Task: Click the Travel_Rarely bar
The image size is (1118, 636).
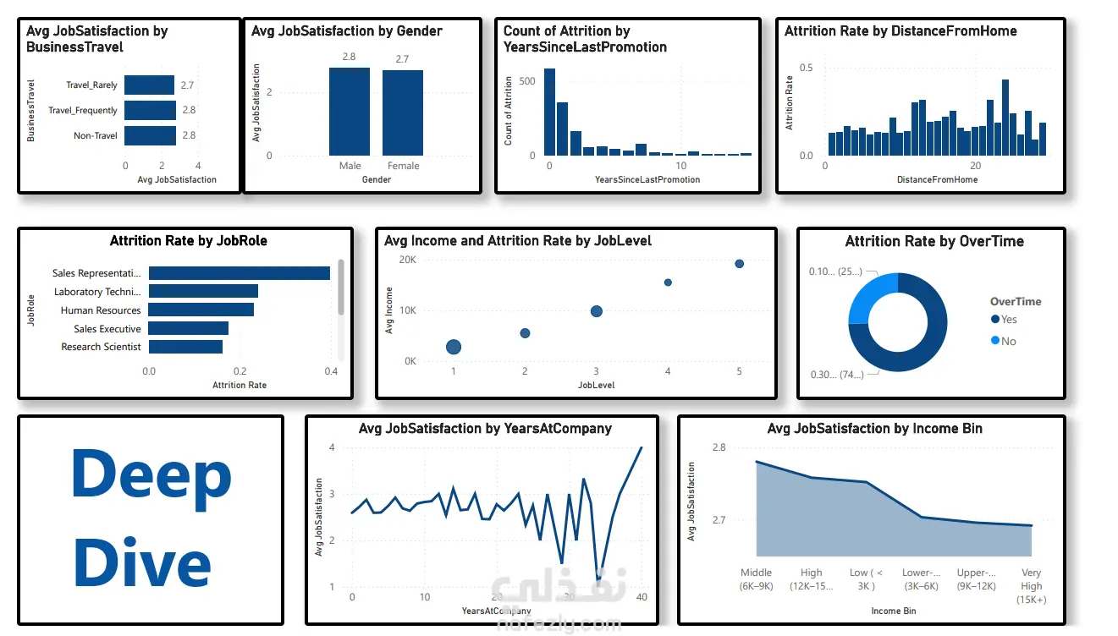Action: pyautogui.click(x=149, y=85)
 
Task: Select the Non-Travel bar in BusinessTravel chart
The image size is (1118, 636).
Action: pyautogui.click(x=150, y=135)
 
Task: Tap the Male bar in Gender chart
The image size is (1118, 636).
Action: pyautogui.click(x=350, y=111)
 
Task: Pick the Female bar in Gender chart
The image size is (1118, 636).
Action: pyautogui.click(x=403, y=112)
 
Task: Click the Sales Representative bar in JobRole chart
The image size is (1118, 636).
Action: pyautogui.click(x=240, y=273)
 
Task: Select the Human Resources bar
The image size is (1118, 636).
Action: pyautogui.click(x=201, y=310)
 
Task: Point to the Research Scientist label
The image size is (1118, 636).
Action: pyautogui.click(x=101, y=347)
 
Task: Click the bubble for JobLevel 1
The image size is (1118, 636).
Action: pyautogui.click(x=454, y=347)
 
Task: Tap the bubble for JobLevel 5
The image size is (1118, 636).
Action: pyautogui.click(x=739, y=264)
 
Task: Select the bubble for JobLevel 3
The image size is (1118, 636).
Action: pyautogui.click(x=596, y=311)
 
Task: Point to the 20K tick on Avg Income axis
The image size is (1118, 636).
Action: pyautogui.click(x=408, y=260)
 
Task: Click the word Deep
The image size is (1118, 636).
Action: pyautogui.click(x=151, y=475)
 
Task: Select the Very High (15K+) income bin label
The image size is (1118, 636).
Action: pyautogui.click(x=1031, y=586)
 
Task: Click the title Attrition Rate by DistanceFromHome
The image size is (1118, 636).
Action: pyautogui.click(x=900, y=31)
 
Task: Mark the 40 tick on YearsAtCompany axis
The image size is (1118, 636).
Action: pyautogui.click(x=642, y=598)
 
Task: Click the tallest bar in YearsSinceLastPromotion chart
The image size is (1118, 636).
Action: pyautogui.click(x=549, y=112)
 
